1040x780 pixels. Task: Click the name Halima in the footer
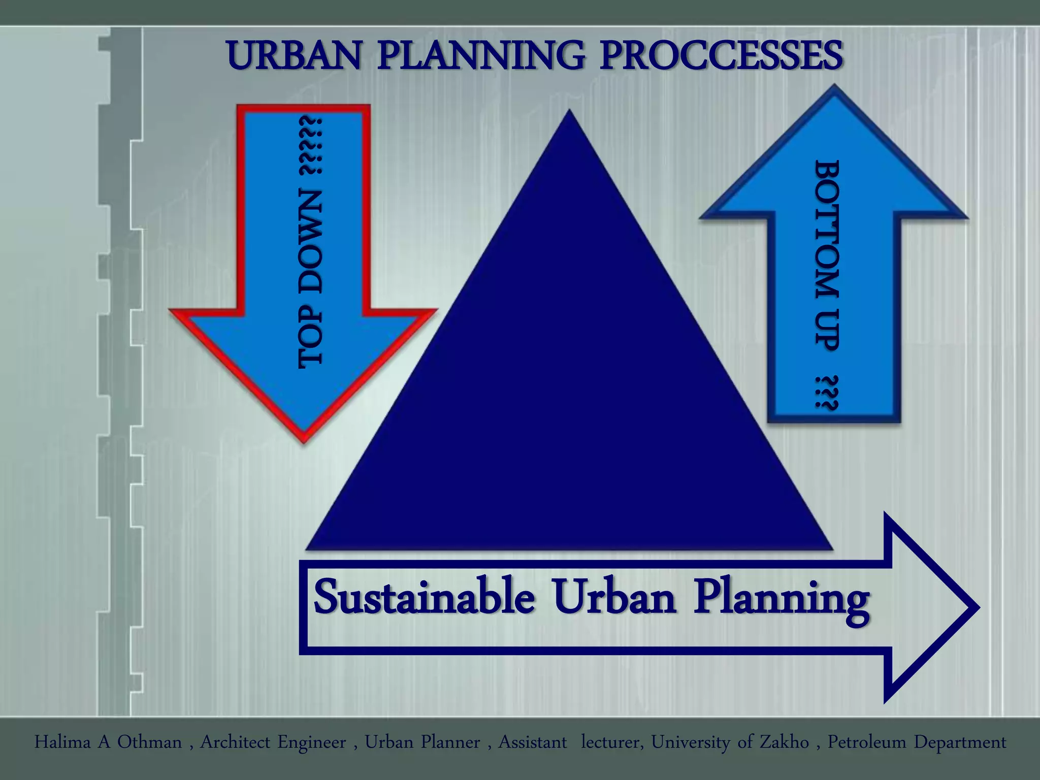62,742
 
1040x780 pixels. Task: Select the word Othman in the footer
149,742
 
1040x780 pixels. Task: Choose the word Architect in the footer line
235,742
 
